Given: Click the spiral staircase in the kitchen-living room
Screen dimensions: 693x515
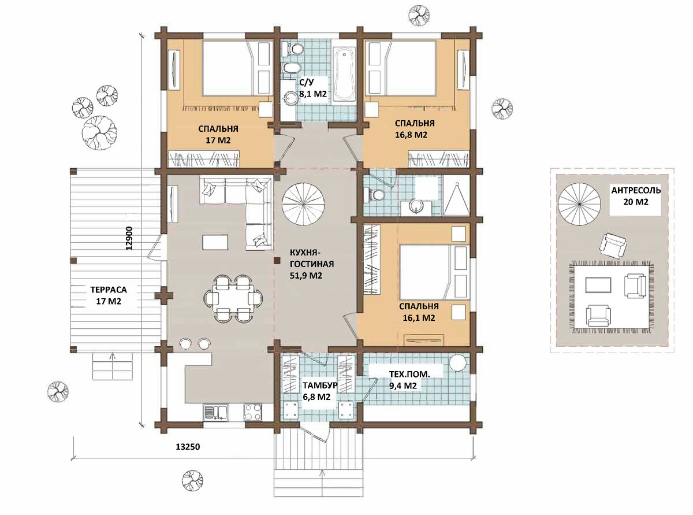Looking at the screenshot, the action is point(303,204).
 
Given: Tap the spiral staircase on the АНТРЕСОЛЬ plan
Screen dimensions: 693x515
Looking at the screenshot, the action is point(579,204).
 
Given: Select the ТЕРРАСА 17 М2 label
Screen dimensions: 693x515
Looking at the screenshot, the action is point(109,295).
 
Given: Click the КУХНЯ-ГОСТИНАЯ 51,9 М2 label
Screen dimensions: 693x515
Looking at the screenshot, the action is point(311,264).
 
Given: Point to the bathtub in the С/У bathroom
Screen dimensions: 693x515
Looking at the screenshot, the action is point(345,75).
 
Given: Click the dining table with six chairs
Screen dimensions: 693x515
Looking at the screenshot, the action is point(233,298).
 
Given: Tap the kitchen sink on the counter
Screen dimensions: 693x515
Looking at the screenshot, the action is point(215,412).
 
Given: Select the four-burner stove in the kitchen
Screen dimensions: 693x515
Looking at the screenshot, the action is point(253,412).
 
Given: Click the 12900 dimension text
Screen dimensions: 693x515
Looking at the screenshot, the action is point(129,238).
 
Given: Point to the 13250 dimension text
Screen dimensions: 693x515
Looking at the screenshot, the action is point(188,447).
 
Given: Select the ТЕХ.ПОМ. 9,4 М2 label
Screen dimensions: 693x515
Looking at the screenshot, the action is point(409,380).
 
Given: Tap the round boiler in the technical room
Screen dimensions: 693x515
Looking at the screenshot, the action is point(458,363).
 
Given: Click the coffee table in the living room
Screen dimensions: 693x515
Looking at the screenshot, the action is point(215,242).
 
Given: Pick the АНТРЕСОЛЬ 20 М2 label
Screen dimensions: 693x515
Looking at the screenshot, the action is point(636,196).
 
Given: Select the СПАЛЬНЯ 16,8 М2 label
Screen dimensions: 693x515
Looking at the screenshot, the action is point(415,129).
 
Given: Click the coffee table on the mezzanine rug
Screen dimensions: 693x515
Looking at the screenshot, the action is point(598,285).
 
